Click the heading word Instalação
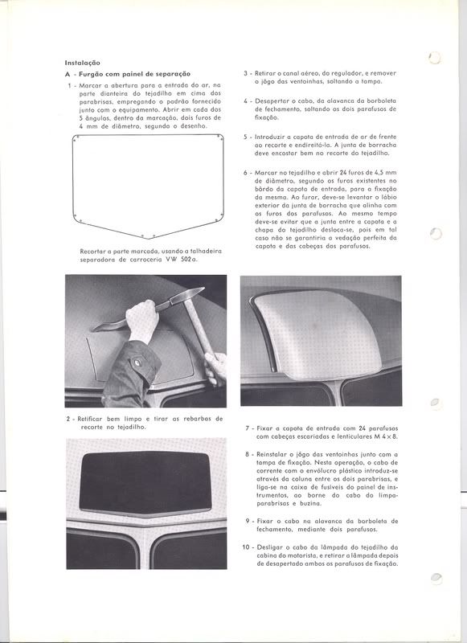(x=83, y=62)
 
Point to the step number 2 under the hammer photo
(x=69, y=419)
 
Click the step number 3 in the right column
(x=245, y=73)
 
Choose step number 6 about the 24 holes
(x=245, y=174)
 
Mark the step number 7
(x=245, y=429)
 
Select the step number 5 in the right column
(x=245, y=137)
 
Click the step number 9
(x=245, y=521)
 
